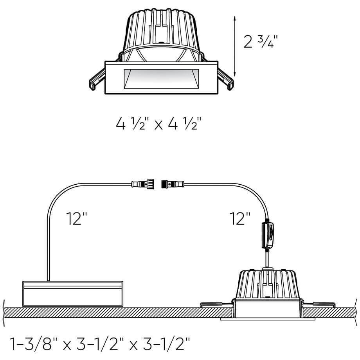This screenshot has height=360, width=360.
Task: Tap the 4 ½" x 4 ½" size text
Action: pos(158,124)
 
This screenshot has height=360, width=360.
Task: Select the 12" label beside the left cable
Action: pos(77,218)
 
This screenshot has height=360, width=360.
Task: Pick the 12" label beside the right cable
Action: pos(240,218)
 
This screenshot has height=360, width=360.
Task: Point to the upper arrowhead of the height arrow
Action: pos(234,18)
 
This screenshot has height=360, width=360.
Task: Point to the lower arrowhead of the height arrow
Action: pos(234,74)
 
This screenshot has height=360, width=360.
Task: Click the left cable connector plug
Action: pos(142,184)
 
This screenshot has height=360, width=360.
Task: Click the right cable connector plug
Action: pos(173,184)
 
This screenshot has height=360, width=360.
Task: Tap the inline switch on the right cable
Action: pos(268,235)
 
